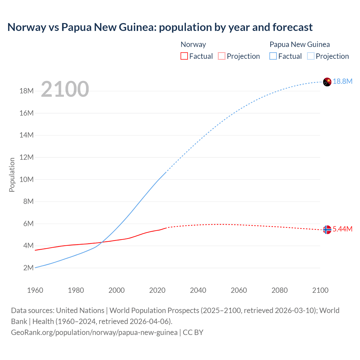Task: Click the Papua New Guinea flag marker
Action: [x=327, y=82]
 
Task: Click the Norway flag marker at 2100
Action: [x=327, y=229]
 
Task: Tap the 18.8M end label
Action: [x=343, y=81]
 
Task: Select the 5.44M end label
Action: [x=343, y=229]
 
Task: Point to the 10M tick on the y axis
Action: [x=27, y=179]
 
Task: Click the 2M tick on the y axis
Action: [x=28, y=268]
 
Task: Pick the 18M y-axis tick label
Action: [x=27, y=91]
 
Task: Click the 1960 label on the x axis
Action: [x=35, y=290]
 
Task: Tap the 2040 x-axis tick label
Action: [x=198, y=290]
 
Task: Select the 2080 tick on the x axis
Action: [x=280, y=290]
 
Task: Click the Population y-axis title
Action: [x=12, y=175]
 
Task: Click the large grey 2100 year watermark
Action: [x=65, y=89]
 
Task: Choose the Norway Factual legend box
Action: [x=184, y=56]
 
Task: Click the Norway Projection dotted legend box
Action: [x=222, y=56]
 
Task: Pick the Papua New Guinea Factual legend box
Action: [x=273, y=56]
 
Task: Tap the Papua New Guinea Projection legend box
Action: [x=310, y=56]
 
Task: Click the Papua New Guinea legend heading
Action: [x=300, y=44]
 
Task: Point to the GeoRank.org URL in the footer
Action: [x=94, y=332]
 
